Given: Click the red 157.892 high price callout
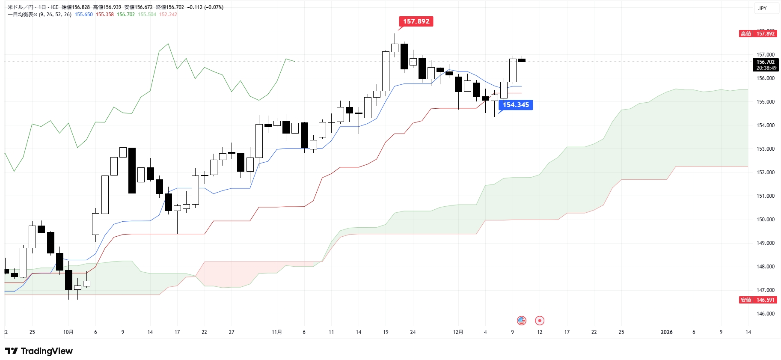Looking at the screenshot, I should pyautogui.click(x=416, y=21).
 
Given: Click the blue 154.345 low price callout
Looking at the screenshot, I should pyautogui.click(x=516, y=105).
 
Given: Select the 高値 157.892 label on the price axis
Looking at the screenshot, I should pyautogui.click(x=758, y=34).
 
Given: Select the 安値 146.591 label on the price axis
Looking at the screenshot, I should pyautogui.click(x=758, y=300).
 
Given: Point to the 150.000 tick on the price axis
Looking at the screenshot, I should pyautogui.click(x=765, y=220).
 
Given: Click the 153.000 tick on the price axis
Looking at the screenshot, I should pyautogui.click(x=765, y=149).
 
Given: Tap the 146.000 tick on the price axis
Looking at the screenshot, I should pyautogui.click(x=765, y=314).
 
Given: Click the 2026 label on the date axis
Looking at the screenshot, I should pyautogui.click(x=666, y=332).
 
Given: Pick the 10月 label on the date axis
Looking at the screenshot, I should pyautogui.click(x=68, y=332).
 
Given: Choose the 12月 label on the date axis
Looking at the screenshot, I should pyautogui.click(x=458, y=332).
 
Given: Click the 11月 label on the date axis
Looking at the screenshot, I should pyautogui.click(x=277, y=332).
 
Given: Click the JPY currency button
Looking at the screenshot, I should pyautogui.click(x=763, y=9).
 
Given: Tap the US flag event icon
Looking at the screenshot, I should pyautogui.click(x=521, y=320).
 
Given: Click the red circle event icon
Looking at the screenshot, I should pyautogui.click(x=540, y=320).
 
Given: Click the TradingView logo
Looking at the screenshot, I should pyautogui.click(x=39, y=351).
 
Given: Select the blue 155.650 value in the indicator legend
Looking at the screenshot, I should pyautogui.click(x=83, y=15).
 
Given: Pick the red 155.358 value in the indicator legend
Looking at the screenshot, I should pyautogui.click(x=105, y=15).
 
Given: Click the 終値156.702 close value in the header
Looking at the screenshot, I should pyautogui.click(x=170, y=7).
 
